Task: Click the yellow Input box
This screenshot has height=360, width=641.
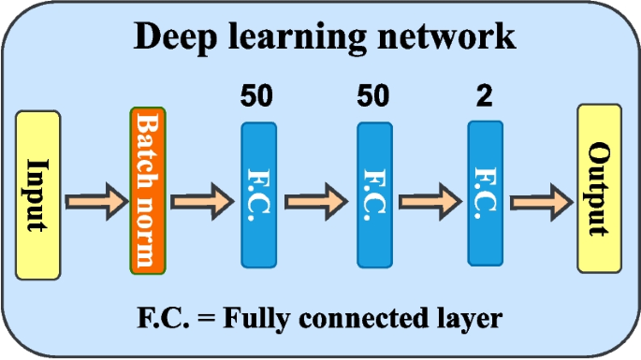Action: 38,194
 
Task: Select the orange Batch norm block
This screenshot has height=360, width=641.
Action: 147,191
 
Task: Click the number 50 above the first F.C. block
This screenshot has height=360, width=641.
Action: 259,97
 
